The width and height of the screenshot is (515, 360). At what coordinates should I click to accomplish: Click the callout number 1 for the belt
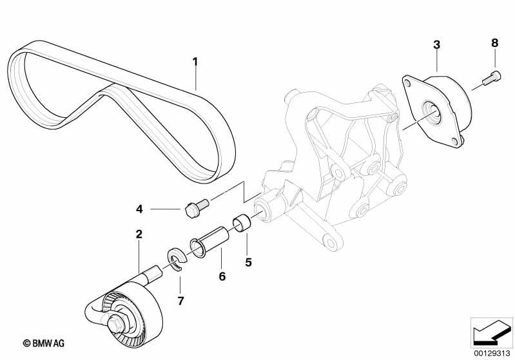pyautogui.click(x=195, y=62)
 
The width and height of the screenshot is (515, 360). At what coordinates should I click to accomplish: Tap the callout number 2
pyautogui.click(x=139, y=234)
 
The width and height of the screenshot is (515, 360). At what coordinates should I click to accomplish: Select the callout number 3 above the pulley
pyautogui.click(x=436, y=44)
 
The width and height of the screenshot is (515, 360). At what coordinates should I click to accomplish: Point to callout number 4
pyautogui.click(x=140, y=209)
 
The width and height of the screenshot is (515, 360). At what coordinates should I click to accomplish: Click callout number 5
pyautogui.click(x=248, y=262)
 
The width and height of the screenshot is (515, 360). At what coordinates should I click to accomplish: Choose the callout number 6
pyautogui.click(x=222, y=276)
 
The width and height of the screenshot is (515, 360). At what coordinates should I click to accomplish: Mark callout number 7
pyautogui.click(x=181, y=300)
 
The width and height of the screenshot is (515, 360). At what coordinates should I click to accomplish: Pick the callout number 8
pyautogui.click(x=494, y=43)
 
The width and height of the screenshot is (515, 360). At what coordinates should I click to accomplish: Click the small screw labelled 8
pyautogui.click(x=491, y=77)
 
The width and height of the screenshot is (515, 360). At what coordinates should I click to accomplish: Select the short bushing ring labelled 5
pyautogui.click(x=242, y=223)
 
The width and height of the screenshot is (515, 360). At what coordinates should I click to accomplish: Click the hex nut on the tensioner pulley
pyautogui.click(x=116, y=322)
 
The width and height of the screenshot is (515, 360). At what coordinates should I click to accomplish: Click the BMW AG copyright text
pyautogui.click(x=44, y=344)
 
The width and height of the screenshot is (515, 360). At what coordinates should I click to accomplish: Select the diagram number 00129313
pyautogui.click(x=492, y=354)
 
